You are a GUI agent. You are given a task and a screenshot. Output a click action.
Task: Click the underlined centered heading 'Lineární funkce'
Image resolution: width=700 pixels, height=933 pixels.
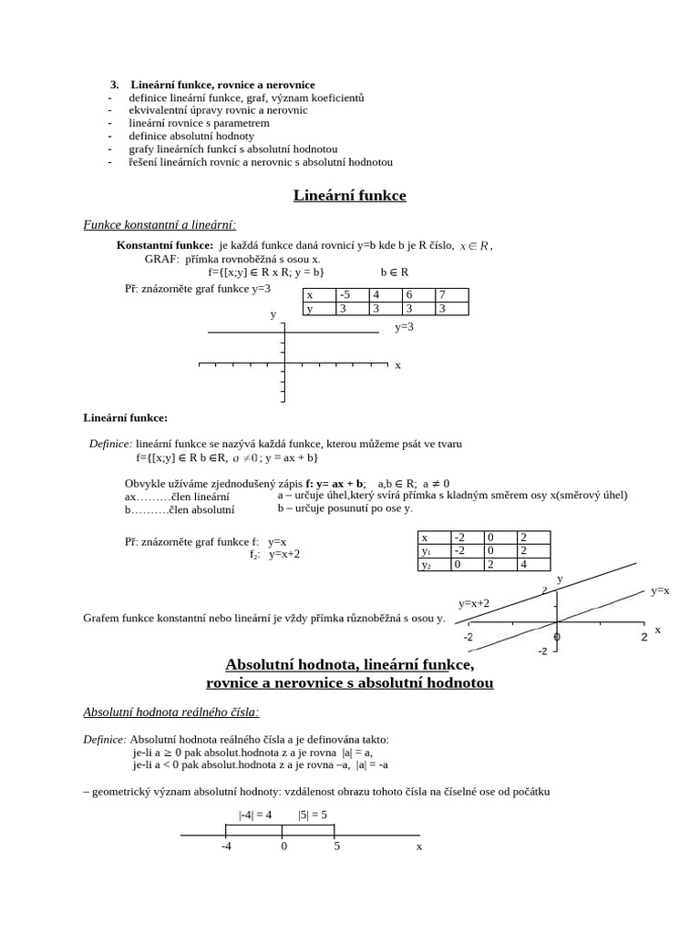[349, 195]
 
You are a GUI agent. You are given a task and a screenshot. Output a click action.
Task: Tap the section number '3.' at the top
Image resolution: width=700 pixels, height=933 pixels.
[115, 85]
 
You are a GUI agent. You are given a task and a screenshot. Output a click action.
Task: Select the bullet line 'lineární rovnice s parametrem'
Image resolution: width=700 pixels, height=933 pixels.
[199, 123]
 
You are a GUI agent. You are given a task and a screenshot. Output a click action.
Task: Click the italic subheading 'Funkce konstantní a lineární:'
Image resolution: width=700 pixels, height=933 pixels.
[160, 224]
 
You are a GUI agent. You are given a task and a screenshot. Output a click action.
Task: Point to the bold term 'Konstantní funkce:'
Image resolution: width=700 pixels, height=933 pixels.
[165, 245]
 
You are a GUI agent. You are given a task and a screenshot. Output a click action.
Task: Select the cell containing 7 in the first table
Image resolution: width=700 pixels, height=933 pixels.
[451, 294]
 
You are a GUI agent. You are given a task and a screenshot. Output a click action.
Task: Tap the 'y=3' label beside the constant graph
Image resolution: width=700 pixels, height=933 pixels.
[404, 326]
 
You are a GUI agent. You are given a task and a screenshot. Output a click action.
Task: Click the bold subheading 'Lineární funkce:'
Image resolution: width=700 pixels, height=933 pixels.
[126, 417]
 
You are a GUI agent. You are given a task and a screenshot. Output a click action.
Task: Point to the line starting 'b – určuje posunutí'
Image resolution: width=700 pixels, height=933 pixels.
[345, 508]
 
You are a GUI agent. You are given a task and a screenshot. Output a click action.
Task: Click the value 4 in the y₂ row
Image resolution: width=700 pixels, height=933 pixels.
[532, 565]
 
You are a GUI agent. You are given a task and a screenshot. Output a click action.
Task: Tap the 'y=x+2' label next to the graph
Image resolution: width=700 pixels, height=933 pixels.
[474, 603]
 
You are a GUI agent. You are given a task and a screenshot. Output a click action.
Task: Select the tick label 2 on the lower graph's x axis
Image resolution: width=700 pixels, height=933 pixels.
[643, 636]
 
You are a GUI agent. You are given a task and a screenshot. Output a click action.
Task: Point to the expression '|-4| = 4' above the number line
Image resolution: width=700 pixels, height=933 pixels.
[255, 815]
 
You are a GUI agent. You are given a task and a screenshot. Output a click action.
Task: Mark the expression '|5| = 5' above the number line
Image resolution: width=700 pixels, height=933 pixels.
[312, 815]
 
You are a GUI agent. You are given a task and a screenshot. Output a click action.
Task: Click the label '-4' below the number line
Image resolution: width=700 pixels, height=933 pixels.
[226, 846]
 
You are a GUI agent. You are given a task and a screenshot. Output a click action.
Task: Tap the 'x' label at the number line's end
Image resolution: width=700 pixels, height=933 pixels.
[419, 846]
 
